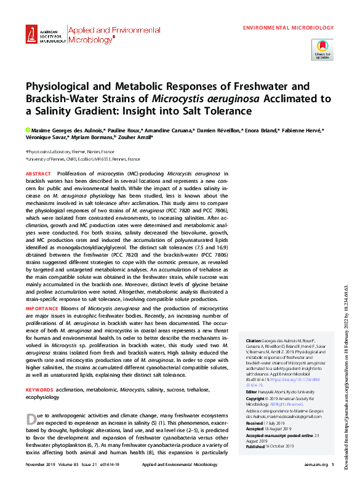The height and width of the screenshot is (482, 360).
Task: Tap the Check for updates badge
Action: pyautogui.click(x=322, y=49)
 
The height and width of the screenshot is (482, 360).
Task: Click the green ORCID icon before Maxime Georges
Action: pyautogui.click(x=28, y=131)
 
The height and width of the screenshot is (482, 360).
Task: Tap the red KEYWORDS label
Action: pyautogui.click(x=40, y=390)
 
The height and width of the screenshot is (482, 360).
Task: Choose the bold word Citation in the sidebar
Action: pyautogui.click(x=254, y=340)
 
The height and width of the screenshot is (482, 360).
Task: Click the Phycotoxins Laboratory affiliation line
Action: pyautogui.click(x=70, y=151)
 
